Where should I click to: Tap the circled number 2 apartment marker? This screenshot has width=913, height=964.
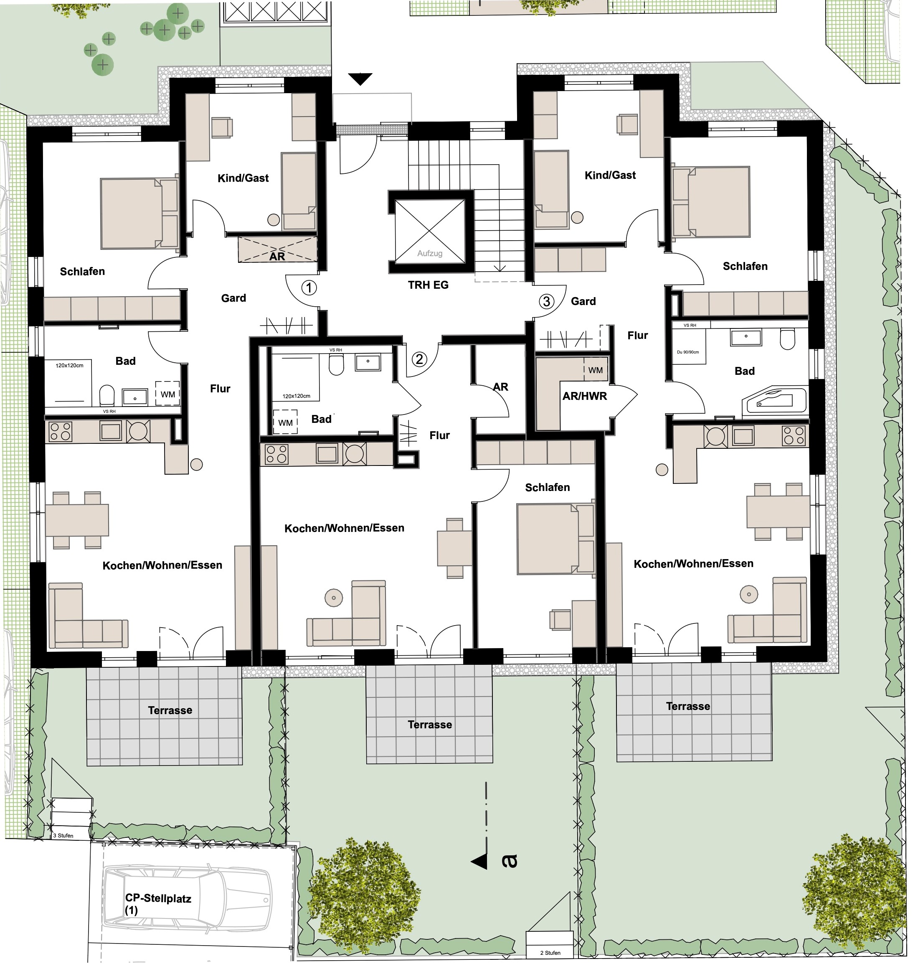click(419, 359)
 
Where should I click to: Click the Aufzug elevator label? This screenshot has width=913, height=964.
click(430, 253)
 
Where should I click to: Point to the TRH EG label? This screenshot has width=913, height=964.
click(428, 285)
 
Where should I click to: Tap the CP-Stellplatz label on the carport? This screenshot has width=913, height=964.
click(158, 899)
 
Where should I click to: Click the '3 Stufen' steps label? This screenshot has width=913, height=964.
click(63, 835)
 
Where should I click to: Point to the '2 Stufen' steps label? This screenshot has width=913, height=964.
click(550, 952)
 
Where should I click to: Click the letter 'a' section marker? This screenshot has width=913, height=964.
click(510, 861)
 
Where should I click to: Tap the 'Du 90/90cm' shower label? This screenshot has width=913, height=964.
click(688, 352)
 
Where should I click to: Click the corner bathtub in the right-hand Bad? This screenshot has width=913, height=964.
click(774, 400)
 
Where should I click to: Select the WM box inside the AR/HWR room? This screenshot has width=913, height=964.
click(595, 370)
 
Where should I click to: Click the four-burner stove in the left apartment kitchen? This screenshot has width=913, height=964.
click(61, 431)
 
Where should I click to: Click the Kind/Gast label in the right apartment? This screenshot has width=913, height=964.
click(610, 175)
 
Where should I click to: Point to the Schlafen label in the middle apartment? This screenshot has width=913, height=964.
click(548, 487)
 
